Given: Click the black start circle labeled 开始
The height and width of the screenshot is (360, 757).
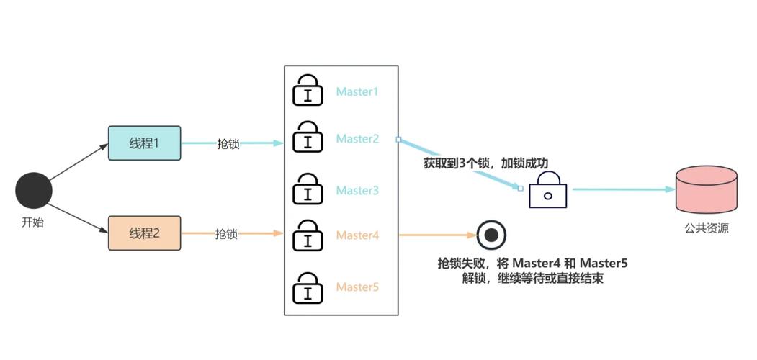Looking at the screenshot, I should pyautogui.click(x=34, y=191).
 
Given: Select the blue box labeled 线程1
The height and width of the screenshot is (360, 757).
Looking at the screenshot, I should pyautogui.click(x=144, y=143).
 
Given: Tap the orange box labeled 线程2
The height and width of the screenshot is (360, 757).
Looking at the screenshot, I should pyautogui.click(x=144, y=233).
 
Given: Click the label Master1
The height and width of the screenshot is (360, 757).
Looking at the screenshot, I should pyautogui.click(x=357, y=92).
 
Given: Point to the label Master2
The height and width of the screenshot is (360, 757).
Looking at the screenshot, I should pyautogui.click(x=357, y=138).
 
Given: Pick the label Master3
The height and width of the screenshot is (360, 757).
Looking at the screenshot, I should pyautogui.click(x=357, y=191).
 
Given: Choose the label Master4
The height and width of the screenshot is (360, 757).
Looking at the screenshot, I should pyautogui.click(x=357, y=235).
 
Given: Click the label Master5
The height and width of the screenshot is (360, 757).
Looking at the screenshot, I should pyautogui.click(x=357, y=287).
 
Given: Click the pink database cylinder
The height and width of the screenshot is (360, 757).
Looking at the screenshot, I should pyautogui.click(x=707, y=189).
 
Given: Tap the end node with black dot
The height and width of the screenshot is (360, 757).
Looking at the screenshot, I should pyautogui.click(x=491, y=235).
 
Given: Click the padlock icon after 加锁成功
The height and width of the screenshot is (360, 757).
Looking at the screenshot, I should pyautogui.click(x=547, y=191).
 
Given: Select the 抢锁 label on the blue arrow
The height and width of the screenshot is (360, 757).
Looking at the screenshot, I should pyautogui.click(x=228, y=143).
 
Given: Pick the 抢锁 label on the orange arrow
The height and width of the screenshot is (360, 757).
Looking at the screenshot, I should pyautogui.click(x=226, y=234).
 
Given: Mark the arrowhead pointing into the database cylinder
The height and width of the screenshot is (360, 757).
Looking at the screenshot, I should pyautogui.click(x=669, y=189).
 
